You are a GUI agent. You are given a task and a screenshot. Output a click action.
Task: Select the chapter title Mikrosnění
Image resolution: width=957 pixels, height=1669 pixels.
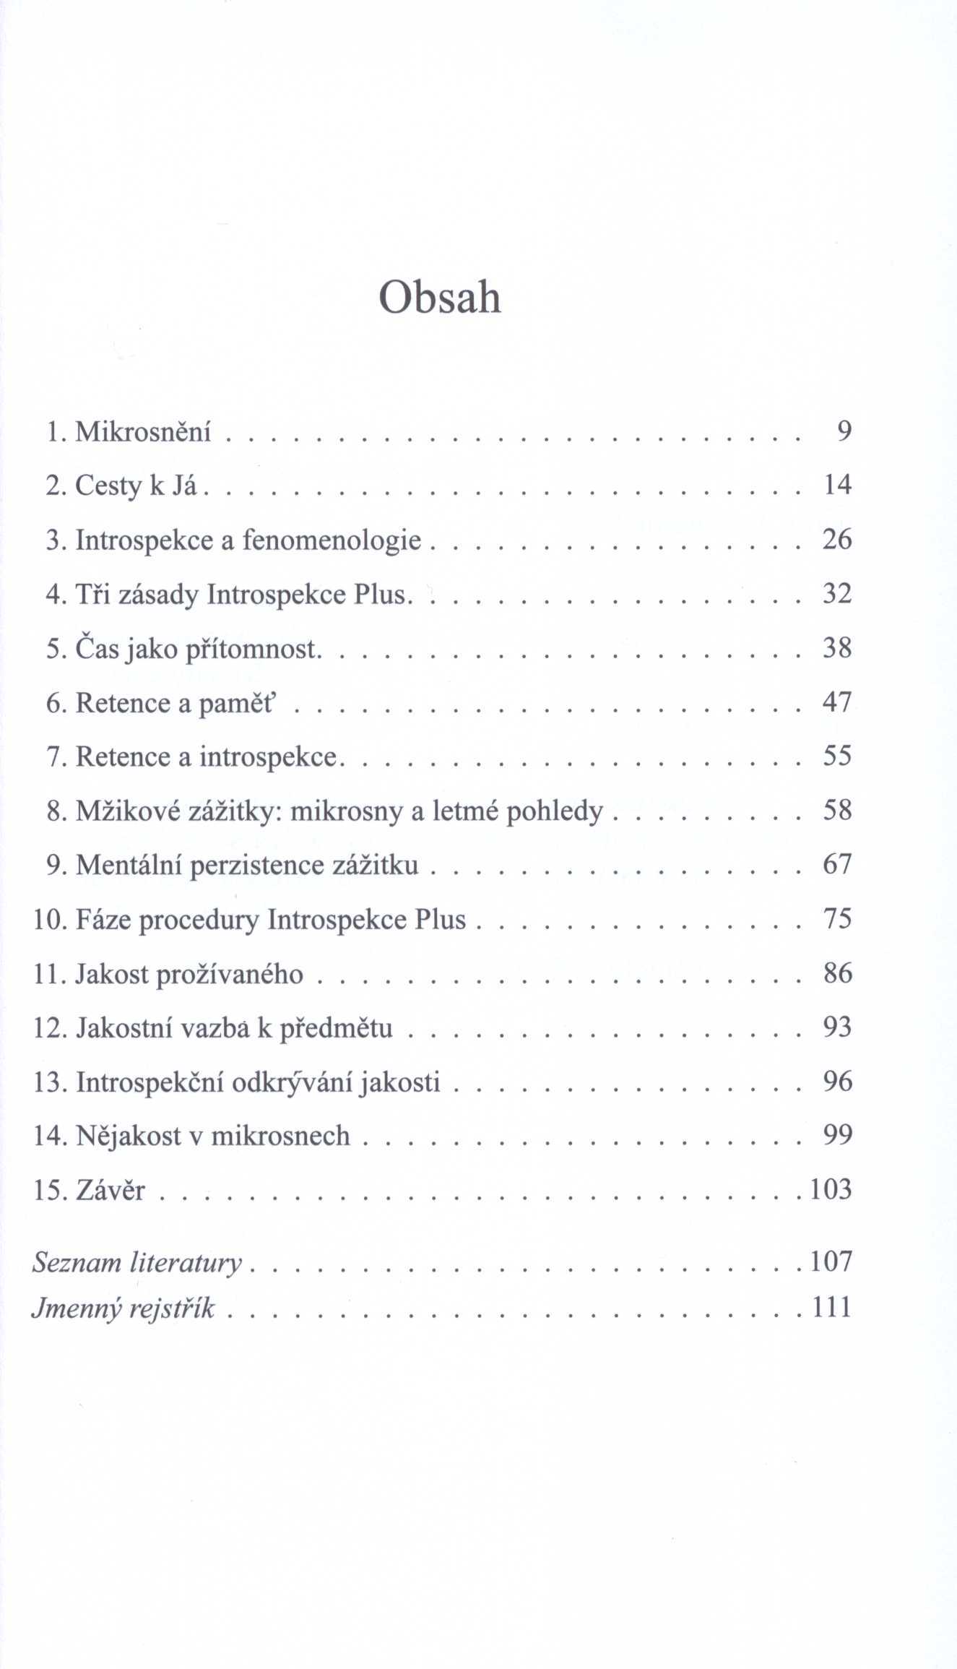pyautogui.click(x=143, y=431)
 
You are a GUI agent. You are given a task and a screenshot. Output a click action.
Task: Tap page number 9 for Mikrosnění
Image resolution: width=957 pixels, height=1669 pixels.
pyautogui.click(x=844, y=431)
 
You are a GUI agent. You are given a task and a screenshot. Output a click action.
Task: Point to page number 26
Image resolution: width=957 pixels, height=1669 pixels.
pyautogui.click(x=837, y=540)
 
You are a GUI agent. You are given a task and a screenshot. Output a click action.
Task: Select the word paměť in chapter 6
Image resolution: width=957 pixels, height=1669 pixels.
pyautogui.click(x=236, y=703)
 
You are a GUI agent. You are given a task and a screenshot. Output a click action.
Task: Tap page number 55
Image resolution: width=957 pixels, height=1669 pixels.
pyautogui.click(x=837, y=756)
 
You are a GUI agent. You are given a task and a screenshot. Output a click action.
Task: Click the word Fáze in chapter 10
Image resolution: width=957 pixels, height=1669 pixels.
pyautogui.click(x=103, y=920)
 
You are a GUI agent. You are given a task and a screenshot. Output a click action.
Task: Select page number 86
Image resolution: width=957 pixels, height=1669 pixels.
pyautogui.click(x=837, y=973)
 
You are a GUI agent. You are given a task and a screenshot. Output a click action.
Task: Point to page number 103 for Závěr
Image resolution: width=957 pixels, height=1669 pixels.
pyautogui.click(x=831, y=1189)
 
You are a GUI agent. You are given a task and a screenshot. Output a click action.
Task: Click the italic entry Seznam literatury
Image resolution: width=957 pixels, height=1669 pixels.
pyautogui.click(x=137, y=1262)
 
